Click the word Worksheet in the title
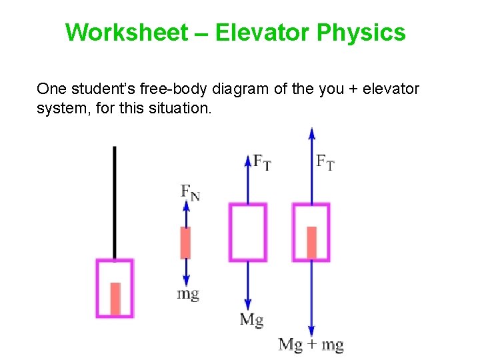127,32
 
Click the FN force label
190,192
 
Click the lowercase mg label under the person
188,293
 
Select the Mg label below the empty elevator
251,320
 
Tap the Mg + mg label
311,345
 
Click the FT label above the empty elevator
262,162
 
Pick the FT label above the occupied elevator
325,162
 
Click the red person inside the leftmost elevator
115,298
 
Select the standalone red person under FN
186,243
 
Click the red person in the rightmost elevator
311,243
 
